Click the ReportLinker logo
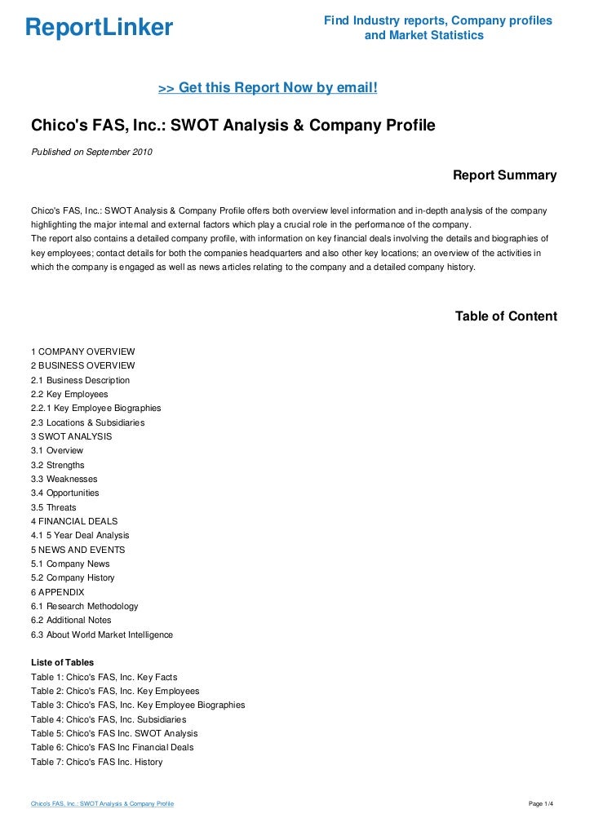coord(100,28)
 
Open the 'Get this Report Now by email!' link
coord(268,87)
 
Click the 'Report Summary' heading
coord(504,175)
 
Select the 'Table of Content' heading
coord(506,316)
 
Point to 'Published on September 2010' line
coord(91,152)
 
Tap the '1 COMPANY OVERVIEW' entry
coord(82,351)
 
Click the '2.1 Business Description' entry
coord(80,380)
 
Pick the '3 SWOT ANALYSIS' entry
coord(72,436)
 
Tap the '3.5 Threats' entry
coord(54,507)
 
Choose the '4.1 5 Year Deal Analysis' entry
coord(80,535)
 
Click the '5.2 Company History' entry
coord(73,577)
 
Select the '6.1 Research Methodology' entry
coord(85,606)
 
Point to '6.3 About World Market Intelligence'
coord(102,634)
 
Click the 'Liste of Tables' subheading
coord(62,662)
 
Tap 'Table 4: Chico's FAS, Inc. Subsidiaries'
coord(109,719)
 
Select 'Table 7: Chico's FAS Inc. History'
coord(96,762)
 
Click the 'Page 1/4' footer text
coord(541,805)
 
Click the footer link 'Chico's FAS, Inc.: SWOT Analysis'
coord(102,805)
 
